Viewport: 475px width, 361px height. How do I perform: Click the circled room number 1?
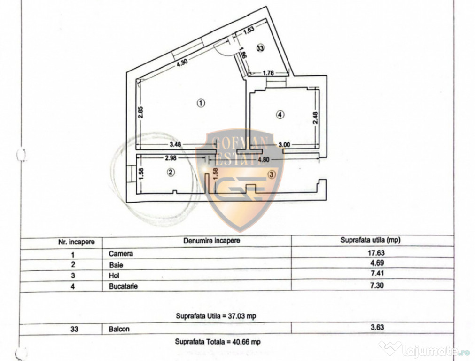pos(201,103)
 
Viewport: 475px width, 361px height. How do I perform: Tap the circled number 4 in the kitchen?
pos(280,115)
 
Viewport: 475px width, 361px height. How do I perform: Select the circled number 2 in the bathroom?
pos(171,172)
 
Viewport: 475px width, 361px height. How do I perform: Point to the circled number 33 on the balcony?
pos(260,47)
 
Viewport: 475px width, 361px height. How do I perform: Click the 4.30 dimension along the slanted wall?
pos(182,62)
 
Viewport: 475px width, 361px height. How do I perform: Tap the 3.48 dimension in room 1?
pos(175,144)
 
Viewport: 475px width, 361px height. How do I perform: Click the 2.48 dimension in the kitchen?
pos(315,118)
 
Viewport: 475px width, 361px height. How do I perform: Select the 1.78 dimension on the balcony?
pos(268,73)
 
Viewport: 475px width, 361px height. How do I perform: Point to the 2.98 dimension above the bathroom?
pos(171,157)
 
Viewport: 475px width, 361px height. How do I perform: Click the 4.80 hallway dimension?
pos(263,159)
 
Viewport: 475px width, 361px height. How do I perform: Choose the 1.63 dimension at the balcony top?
pos(249,30)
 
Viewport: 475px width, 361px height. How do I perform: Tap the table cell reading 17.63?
pos(376,252)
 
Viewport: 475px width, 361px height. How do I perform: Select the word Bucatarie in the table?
pos(123,286)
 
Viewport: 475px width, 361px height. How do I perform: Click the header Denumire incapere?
pos(211,241)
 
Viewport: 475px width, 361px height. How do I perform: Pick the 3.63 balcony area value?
pos(377,327)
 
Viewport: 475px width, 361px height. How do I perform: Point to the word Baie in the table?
pos(116,265)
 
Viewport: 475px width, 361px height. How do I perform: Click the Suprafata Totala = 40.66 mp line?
pos(218,342)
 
